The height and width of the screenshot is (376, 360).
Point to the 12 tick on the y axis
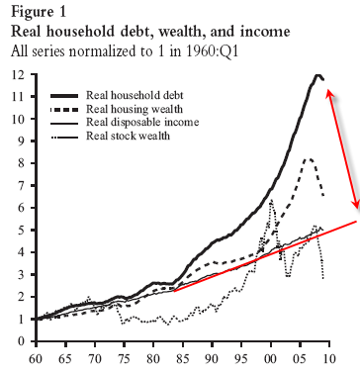17,75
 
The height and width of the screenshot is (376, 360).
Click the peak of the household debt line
317,75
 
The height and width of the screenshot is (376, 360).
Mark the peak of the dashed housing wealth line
309,158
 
